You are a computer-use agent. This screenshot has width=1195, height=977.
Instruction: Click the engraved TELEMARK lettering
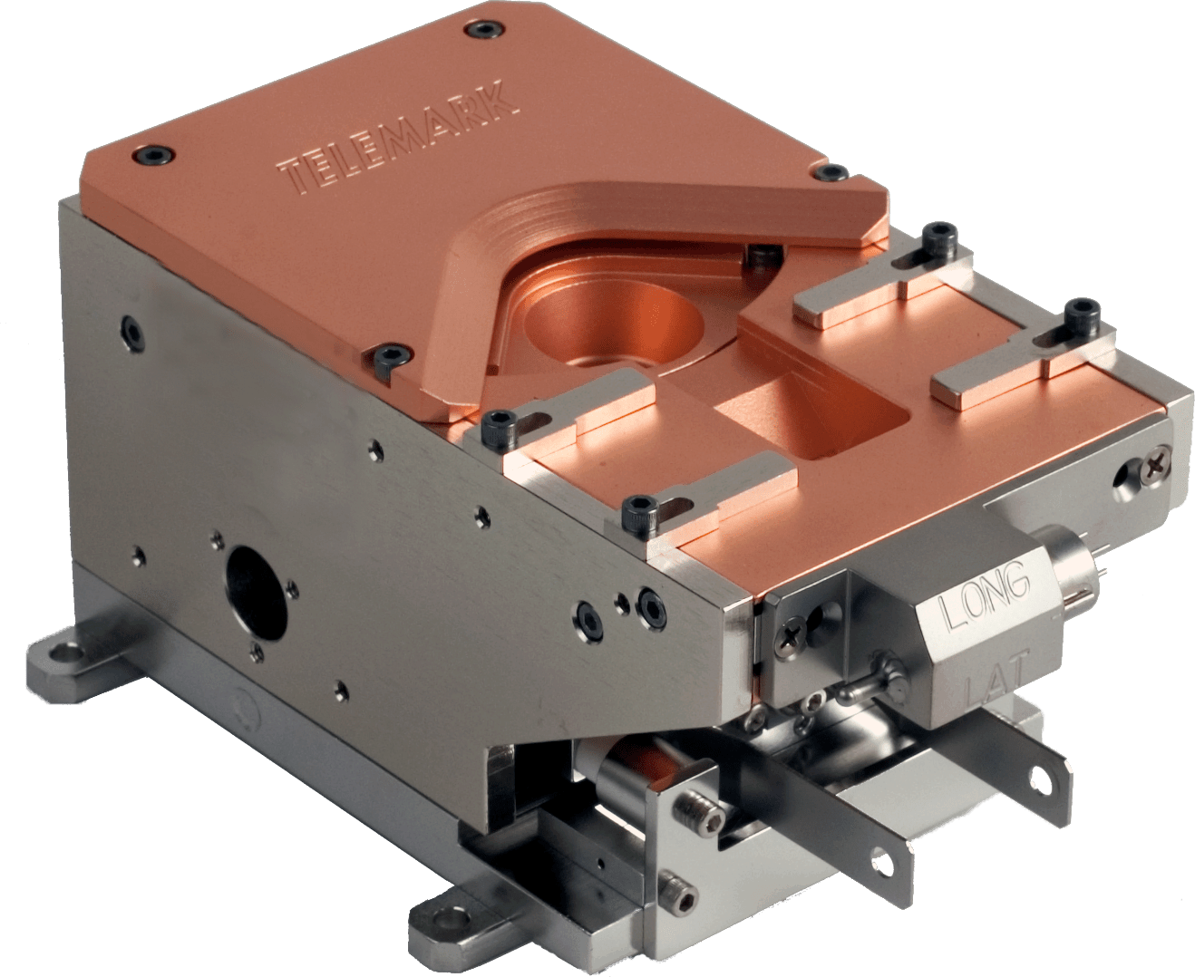pos(399,136)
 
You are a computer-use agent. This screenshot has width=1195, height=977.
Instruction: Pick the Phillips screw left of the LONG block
pos(792,631)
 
